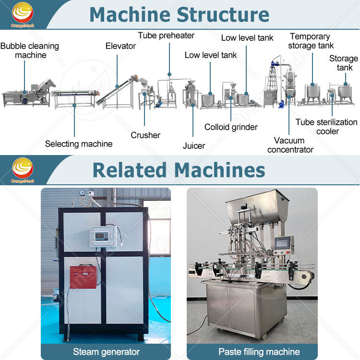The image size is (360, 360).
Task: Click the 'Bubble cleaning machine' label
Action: (30, 50)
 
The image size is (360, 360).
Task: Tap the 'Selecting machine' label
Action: (79, 144)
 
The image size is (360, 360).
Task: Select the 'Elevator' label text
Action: (120, 46)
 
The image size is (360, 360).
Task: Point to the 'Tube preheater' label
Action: (166, 36)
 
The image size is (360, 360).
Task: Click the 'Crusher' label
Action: (145, 135)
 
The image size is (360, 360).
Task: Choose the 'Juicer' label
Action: (194, 146)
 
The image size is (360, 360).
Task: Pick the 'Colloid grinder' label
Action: (231, 127)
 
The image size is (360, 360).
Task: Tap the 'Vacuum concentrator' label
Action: (290, 145)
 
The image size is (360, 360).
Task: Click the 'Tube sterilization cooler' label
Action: (326, 127)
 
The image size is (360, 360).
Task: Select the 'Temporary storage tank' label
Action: (311, 41)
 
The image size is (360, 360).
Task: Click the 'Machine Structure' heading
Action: (179, 14)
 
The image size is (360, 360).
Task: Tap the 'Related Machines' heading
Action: (179, 170)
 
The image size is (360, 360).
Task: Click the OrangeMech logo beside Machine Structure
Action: (23, 14)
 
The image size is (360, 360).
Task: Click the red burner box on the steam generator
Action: (83, 276)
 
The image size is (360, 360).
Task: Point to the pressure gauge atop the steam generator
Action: (82, 193)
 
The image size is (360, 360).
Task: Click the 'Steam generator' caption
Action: (106, 352)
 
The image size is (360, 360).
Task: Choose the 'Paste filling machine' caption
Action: (259, 352)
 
